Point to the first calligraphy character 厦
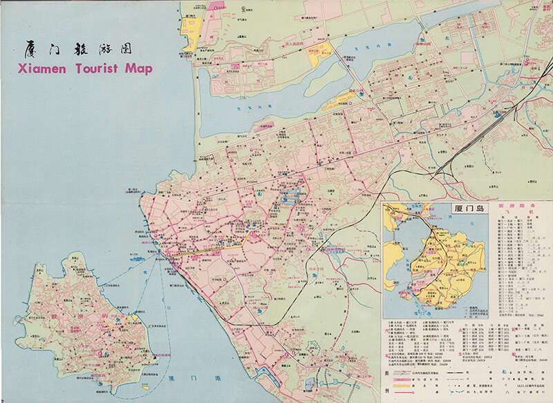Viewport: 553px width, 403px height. (29, 49)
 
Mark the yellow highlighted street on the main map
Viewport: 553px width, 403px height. (207, 249)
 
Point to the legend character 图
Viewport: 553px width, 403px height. (387, 371)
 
